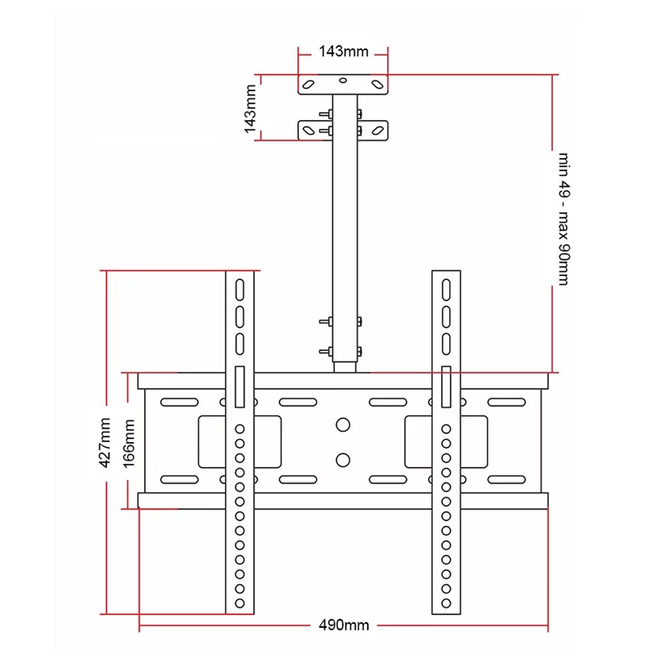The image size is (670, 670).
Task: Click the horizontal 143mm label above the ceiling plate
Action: coord(344,52)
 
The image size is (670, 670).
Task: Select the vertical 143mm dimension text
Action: coord(250,109)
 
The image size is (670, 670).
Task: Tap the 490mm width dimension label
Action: coord(344,625)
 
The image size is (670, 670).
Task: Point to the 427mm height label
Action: coord(105,443)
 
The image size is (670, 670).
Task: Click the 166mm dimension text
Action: coord(129,444)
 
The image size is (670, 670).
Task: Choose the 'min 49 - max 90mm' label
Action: coord(563,219)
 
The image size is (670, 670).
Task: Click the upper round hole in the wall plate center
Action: coord(342,425)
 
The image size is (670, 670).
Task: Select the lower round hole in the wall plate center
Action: coord(342,460)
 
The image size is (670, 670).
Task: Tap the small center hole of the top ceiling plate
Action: coord(342,80)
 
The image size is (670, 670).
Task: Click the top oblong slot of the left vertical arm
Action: coord(240,289)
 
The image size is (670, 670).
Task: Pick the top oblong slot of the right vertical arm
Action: coord(446,289)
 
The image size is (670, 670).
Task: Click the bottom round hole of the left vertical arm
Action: coord(240,604)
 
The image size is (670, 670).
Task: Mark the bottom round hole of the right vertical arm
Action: coord(446,604)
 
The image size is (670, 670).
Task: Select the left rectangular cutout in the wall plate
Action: coord(240,442)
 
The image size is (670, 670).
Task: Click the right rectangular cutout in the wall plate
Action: coord(446,442)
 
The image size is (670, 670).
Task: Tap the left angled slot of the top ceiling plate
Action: coord(308,84)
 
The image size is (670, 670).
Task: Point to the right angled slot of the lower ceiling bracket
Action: coord(377,131)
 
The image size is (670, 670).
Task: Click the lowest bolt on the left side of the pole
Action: coord(326,351)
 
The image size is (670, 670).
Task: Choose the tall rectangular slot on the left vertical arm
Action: coord(240,387)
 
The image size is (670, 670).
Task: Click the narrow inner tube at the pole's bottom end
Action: coord(345,367)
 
